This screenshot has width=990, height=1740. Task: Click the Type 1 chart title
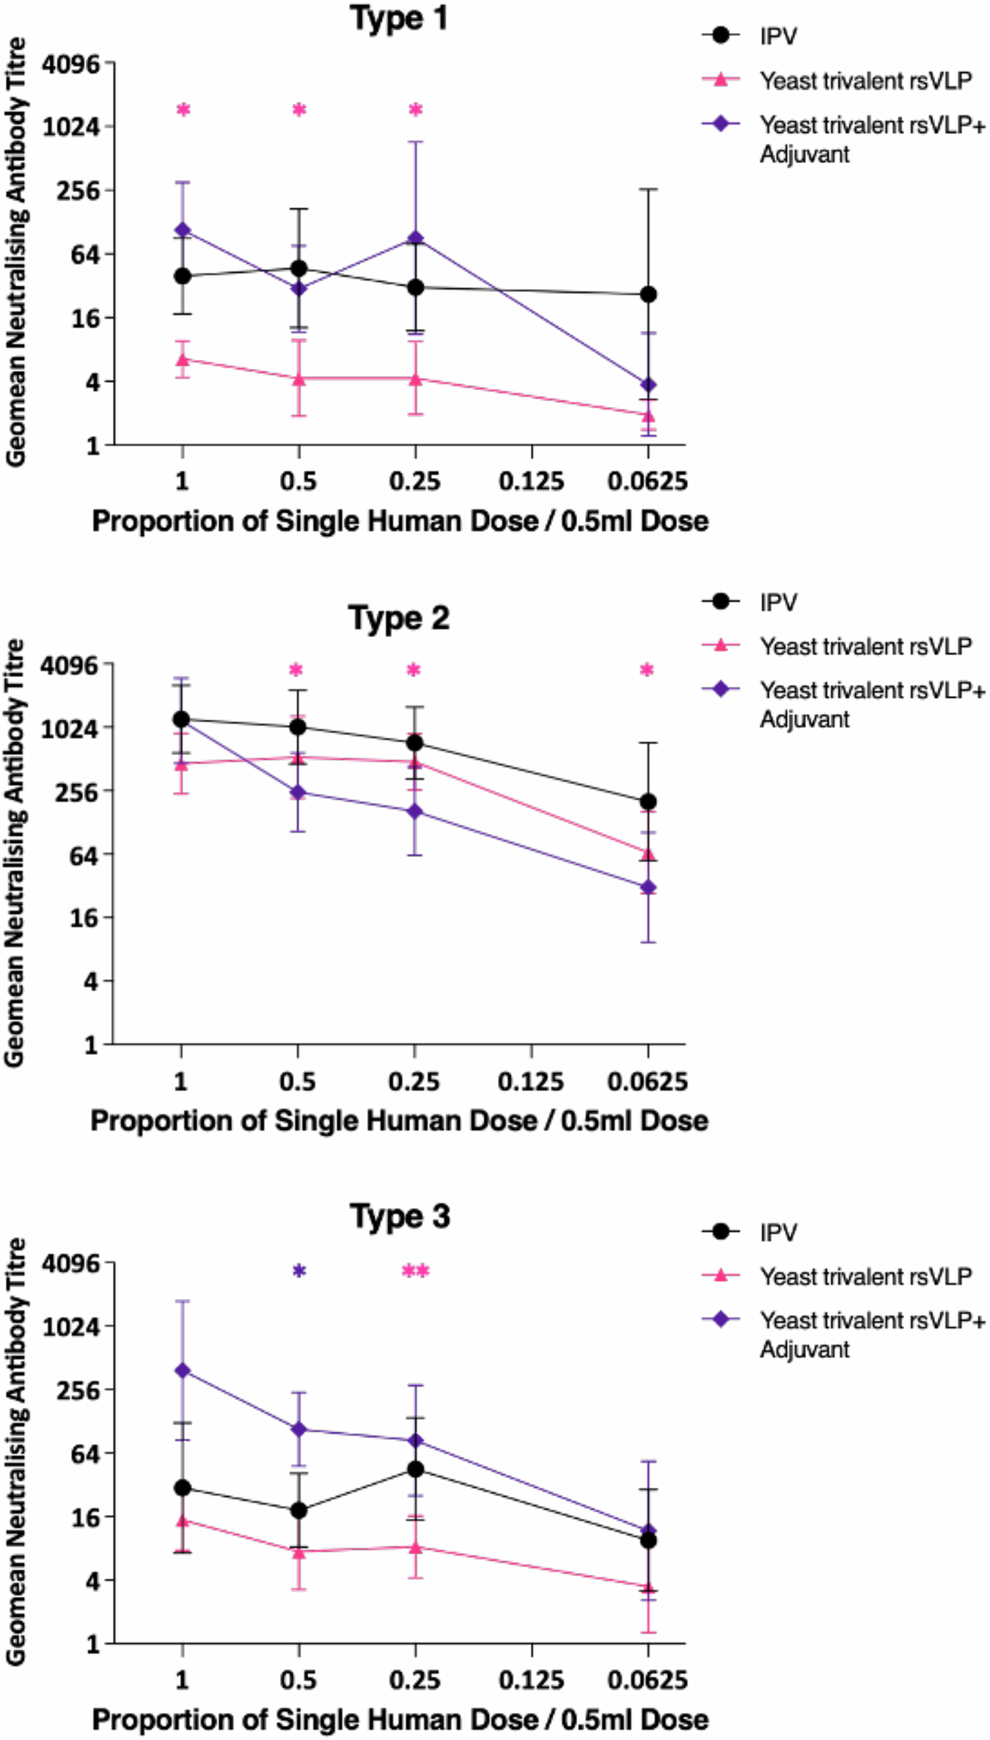pos(398,18)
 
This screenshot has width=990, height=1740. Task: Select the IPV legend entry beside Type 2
pos(778,603)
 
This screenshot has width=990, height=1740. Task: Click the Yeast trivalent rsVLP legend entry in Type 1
pos(865,81)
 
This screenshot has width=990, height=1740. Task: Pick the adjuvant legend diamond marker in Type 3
pos(722,1320)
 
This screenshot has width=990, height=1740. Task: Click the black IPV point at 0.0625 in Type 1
pos(648,294)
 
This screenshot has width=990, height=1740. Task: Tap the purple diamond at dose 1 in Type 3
pos(182,1370)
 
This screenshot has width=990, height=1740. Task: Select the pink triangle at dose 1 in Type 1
pos(183,359)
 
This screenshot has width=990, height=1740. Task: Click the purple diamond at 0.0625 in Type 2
pos(648,887)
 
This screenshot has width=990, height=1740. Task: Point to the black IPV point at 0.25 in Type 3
pos(416,1469)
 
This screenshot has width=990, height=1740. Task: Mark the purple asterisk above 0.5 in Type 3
pos(299,1271)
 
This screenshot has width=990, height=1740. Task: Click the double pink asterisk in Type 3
pos(416,1271)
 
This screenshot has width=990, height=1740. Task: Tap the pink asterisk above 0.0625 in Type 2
pos(647,669)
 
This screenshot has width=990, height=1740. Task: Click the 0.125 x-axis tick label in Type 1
pos(531,482)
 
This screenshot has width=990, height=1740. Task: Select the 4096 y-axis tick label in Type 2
pos(70,666)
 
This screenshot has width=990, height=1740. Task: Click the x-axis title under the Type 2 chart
pos(399,1120)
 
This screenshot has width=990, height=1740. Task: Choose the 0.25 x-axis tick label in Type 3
pos(414,1679)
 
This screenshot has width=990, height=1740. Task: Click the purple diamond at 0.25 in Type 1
pos(416,238)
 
